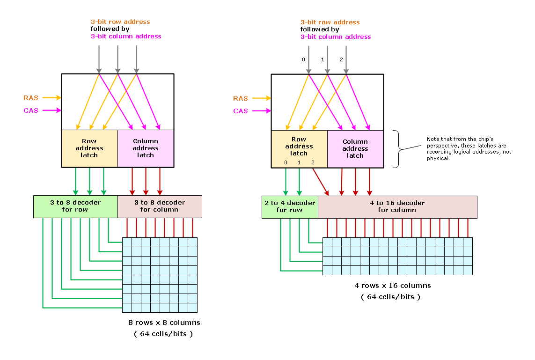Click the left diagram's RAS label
[31, 98]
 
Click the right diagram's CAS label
[241, 111]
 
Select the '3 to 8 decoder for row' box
[75, 206]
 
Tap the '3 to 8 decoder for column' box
[160, 206]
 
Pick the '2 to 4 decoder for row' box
[289, 206]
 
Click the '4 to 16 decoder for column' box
[397, 206]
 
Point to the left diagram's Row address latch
[89, 148]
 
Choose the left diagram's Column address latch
[146, 148]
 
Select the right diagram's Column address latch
[355, 148]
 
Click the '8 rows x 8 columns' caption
[164, 323]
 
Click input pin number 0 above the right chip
[303, 59]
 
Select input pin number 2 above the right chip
[341, 59]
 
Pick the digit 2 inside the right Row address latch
[313, 162]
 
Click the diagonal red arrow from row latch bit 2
[320, 182]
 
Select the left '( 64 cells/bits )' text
[163, 334]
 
